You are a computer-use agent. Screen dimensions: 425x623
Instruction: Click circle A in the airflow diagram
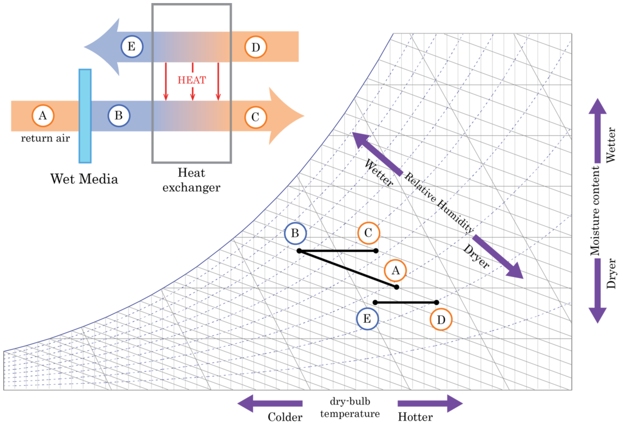tap(43, 116)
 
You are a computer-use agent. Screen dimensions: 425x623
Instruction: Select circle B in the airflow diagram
tap(119, 116)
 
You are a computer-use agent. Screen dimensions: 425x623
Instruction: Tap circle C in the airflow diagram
tap(256, 117)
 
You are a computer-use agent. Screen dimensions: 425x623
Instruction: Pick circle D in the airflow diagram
tap(256, 47)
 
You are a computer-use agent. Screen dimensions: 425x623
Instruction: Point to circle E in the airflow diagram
tap(132, 47)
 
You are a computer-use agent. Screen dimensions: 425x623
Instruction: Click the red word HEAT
tap(192, 80)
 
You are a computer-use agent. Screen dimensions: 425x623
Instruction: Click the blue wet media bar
tap(85, 116)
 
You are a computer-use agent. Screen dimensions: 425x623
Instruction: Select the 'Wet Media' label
tap(84, 179)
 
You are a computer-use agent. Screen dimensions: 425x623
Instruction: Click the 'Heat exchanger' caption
tap(191, 180)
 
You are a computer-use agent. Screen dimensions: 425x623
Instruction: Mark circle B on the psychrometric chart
tap(295, 233)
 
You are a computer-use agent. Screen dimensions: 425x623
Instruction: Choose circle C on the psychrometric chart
tap(369, 233)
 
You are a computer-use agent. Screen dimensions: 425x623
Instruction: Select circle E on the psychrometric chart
tap(367, 319)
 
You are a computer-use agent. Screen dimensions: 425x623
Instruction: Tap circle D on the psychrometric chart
tap(441, 320)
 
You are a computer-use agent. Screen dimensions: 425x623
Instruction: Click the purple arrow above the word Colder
tap(270, 403)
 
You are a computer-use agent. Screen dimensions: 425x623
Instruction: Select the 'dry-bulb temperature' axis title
tap(350, 408)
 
